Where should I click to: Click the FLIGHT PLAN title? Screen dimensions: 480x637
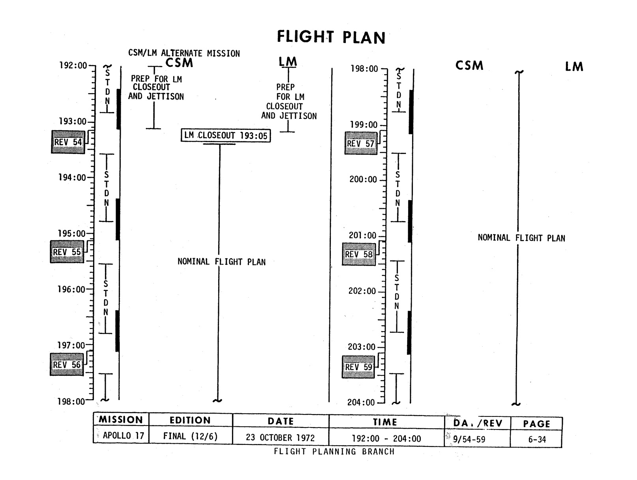click(x=331, y=37)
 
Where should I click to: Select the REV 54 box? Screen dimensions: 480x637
click(x=68, y=142)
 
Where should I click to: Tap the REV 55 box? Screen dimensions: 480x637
click(x=67, y=252)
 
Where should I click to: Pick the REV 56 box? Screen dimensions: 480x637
click(x=67, y=364)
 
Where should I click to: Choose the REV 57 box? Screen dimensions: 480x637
click(x=360, y=143)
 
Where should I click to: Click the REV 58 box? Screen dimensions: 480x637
click(x=359, y=254)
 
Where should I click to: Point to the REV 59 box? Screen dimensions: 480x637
click(x=358, y=367)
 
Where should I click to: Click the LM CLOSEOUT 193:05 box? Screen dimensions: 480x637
click(x=226, y=135)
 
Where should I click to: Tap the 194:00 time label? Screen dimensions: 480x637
click(x=72, y=178)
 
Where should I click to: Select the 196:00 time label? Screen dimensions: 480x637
click(x=71, y=289)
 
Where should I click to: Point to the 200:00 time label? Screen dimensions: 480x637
click(x=363, y=180)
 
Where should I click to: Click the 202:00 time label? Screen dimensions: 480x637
click(x=362, y=291)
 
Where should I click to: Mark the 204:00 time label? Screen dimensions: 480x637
click(x=361, y=403)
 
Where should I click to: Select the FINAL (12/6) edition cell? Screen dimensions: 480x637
click(x=191, y=436)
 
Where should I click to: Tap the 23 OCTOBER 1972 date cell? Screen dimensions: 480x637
click(x=280, y=438)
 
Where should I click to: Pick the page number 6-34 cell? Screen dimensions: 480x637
click(x=537, y=439)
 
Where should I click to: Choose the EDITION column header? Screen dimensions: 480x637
click(x=190, y=420)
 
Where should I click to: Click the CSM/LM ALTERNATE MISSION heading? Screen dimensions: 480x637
click(x=184, y=53)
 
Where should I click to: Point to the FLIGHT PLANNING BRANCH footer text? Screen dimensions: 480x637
click(x=334, y=452)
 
